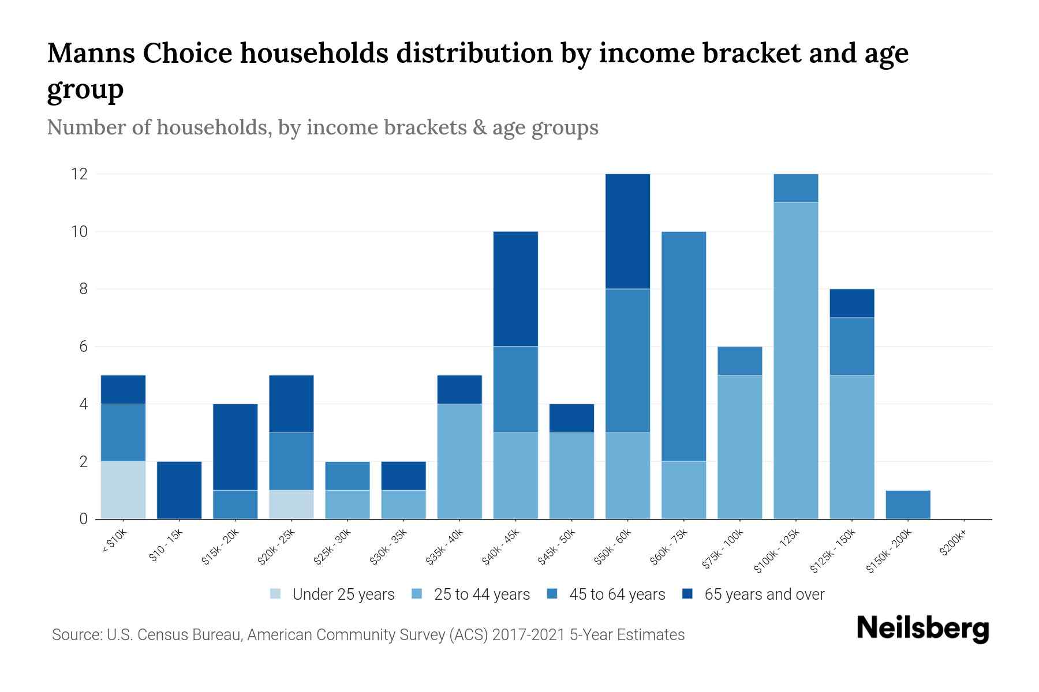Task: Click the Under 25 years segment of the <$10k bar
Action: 123,490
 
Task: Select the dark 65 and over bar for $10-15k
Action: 179,490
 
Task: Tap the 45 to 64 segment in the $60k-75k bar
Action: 683,346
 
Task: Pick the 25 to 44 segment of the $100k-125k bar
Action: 795,360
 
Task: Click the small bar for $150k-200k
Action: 907,505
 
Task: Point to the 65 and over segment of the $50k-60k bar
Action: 627,231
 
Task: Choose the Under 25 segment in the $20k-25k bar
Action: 291,505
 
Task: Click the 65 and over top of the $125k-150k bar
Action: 851,303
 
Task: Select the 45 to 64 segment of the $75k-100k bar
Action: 739,361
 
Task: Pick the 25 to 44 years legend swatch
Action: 416,594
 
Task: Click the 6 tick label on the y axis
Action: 83,347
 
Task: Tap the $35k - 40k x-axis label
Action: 444,548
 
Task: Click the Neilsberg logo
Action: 922,629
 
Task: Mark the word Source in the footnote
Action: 76,635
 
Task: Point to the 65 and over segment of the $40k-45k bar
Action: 515,288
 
